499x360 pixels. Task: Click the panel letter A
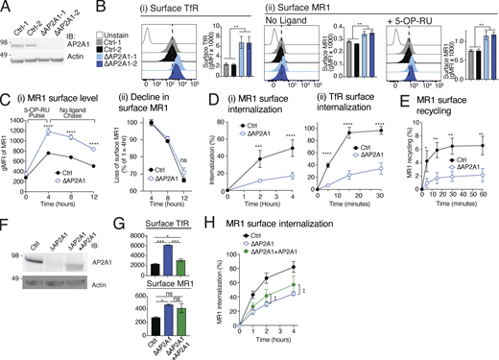(6, 7)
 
